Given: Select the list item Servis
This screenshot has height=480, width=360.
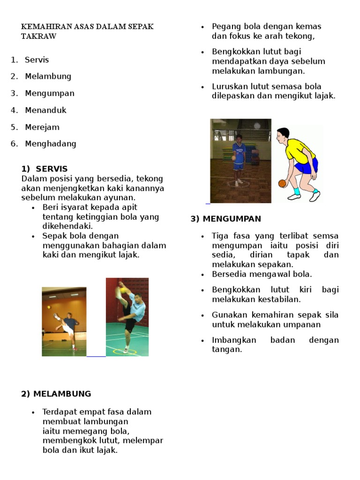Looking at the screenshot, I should point(37,60).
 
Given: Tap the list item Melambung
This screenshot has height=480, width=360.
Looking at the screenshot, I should point(48,76).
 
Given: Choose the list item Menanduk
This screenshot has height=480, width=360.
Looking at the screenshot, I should point(45,110).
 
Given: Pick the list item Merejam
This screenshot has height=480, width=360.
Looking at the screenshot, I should point(42,127).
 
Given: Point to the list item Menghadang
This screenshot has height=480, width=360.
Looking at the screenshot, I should point(50,143).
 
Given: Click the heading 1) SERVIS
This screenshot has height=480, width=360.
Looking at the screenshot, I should point(45,169).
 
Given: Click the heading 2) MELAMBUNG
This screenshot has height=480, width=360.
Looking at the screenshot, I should point(56,394).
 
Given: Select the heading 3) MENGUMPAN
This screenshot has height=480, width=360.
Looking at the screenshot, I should point(226,219).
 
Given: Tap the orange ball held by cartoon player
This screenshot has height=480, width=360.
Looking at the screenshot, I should point(282,183).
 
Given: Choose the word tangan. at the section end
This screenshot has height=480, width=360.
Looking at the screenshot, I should point(227,349).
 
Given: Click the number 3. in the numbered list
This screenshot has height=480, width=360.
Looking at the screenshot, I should point(15,93).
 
